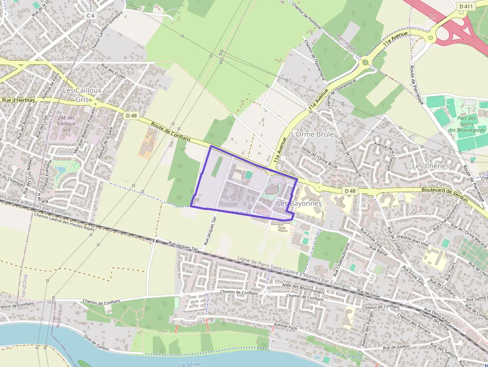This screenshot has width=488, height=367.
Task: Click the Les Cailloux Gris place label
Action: point(82,95)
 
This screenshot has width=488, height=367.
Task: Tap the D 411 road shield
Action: point(466,6)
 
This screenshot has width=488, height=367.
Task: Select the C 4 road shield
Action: point(90,15)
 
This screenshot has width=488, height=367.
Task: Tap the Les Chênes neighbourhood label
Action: point(431,165)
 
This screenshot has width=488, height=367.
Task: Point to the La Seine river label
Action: point(189,364)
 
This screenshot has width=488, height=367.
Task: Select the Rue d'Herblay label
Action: point(18,100)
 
